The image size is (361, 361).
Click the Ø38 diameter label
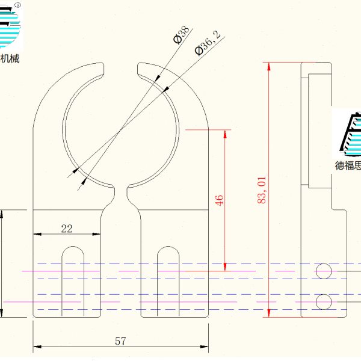[x=182, y=34]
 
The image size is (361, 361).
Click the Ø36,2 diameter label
[x=208, y=43]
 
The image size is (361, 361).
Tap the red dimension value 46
[x=219, y=200]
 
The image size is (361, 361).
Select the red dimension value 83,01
[x=262, y=190]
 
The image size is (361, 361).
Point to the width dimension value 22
[x=67, y=229]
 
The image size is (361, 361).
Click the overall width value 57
[x=120, y=341]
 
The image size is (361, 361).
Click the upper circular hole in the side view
[x=324, y=271]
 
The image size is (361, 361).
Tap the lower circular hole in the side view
[x=324, y=302]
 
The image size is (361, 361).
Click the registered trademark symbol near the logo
[x=17, y=5]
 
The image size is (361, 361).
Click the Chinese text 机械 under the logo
[x=10, y=59]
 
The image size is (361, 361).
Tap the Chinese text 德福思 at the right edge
[x=348, y=165]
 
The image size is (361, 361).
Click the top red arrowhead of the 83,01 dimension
[x=269, y=66]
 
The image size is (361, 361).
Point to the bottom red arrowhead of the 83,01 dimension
[x=269, y=313]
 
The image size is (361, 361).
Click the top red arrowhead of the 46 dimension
[x=225, y=134]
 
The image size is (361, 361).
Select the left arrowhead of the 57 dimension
[x=37, y=347]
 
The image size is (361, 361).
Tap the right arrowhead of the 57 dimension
[x=204, y=347]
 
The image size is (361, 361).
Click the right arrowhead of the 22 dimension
[x=96, y=234]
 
